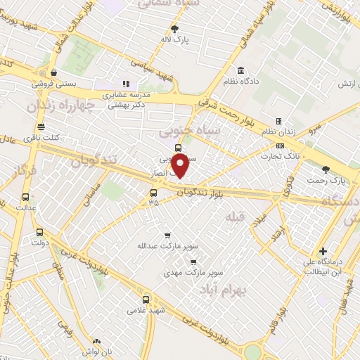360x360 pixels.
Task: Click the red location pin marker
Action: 181,166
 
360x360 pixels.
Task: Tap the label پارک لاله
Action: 174,40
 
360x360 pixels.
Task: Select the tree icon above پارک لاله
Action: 174,29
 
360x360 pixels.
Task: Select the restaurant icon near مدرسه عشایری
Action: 126,83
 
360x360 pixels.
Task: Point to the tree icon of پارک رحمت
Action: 325,169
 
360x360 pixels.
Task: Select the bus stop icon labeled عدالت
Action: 26,198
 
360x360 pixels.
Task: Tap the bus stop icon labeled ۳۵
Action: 153,193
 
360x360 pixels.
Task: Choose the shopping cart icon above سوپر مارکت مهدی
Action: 192,261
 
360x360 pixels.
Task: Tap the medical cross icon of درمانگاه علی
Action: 323,251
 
